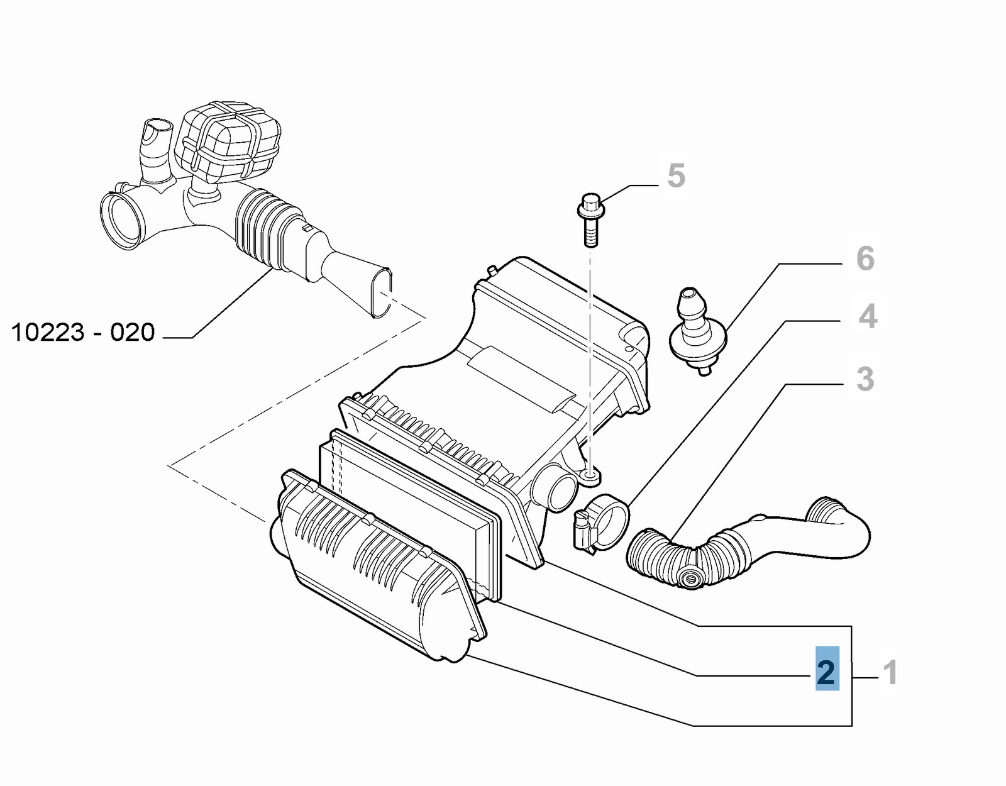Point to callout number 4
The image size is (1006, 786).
click(x=868, y=316)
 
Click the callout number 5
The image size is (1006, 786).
click(x=676, y=175)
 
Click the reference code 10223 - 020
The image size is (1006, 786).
click(x=83, y=333)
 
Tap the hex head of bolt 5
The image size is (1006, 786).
click(x=591, y=206)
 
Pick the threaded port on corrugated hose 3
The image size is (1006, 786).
click(x=690, y=578)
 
